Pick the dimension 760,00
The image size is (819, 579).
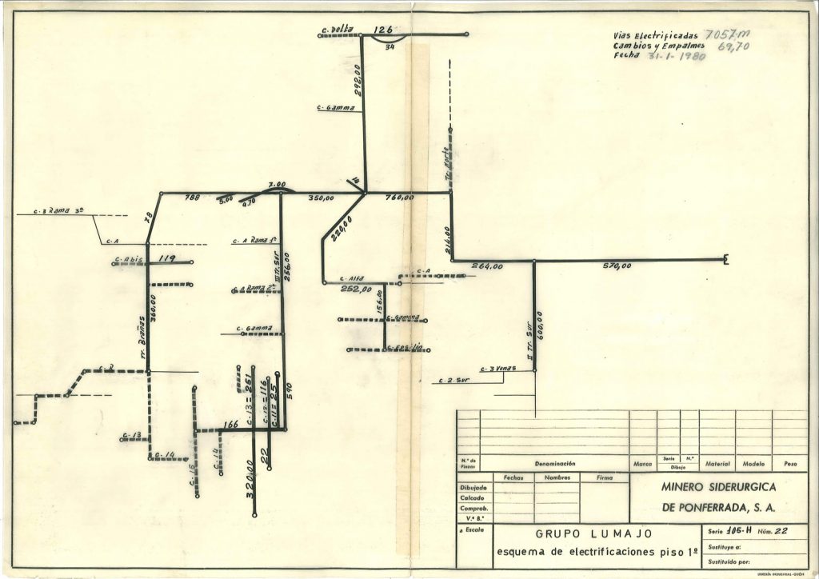click(399, 198)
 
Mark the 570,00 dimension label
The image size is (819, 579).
click(617, 266)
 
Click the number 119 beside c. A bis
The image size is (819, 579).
click(166, 258)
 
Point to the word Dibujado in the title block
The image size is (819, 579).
click(473, 487)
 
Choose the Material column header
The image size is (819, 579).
click(717, 463)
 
